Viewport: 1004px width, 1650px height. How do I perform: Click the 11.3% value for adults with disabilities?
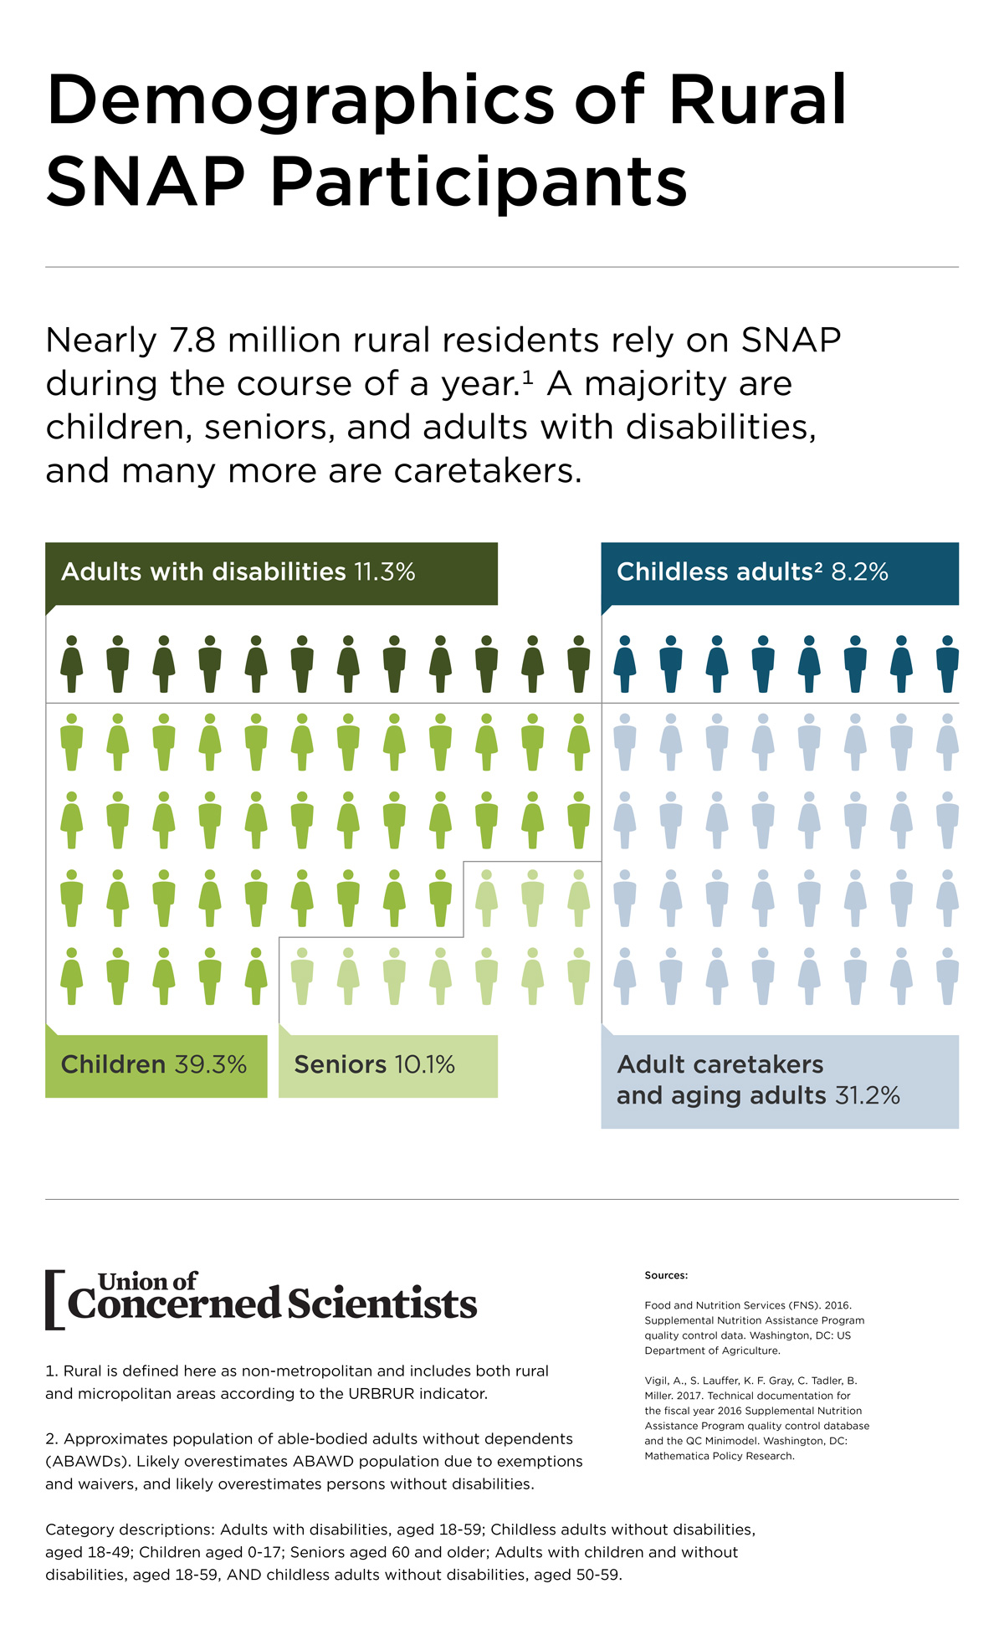point(384,572)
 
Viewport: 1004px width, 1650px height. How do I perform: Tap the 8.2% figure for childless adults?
point(859,572)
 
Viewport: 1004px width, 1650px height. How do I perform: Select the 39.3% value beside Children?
point(211,1065)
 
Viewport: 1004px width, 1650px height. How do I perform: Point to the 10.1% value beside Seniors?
point(424,1065)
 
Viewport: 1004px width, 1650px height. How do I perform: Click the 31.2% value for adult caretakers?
point(868,1096)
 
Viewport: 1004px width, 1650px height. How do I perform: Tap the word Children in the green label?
point(113,1065)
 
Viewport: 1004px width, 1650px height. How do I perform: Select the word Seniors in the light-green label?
point(340,1065)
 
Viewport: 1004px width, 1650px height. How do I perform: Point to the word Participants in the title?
point(479,182)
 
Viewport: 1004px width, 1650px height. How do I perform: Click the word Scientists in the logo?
point(382,1304)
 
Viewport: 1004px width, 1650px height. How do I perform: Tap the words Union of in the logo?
point(147,1281)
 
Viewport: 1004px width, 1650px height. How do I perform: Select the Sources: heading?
point(666,1275)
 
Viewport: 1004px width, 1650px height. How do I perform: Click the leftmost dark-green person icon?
point(72,664)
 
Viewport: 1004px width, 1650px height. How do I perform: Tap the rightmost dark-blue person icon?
point(947,664)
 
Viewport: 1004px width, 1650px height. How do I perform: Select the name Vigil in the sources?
point(658,1381)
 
